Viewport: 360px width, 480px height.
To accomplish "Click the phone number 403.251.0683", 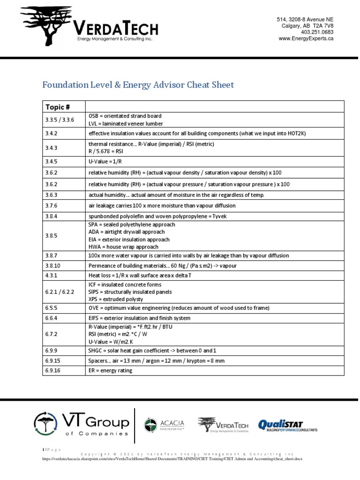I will pyautogui.click(x=317, y=32).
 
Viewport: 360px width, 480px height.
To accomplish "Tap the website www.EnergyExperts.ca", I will pyautogui.click(x=306, y=39).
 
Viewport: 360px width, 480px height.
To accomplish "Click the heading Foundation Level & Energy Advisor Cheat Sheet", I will pyautogui.click(x=138, y=85).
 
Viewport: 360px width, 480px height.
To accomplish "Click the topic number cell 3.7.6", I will pyautogui.click(x=52, y=205).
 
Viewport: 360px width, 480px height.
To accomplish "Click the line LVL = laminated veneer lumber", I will pyautogui.click(x=126, y=124).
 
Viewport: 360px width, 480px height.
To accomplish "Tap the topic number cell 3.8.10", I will pyautogui.click(x=53, y=265).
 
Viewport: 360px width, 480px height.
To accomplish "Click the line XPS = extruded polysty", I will pyautogui.click(x=116, y=299).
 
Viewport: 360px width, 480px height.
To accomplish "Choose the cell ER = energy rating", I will pyautogui.click(x=110, y=370).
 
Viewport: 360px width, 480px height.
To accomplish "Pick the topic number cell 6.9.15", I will pyautogui.click(x=53, y=361).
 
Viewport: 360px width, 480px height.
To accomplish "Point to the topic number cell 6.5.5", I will pyautogui.click(x=52, y=308).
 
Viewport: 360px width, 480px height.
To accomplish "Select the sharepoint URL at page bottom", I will pyautogui.click(x=172, y=458).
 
